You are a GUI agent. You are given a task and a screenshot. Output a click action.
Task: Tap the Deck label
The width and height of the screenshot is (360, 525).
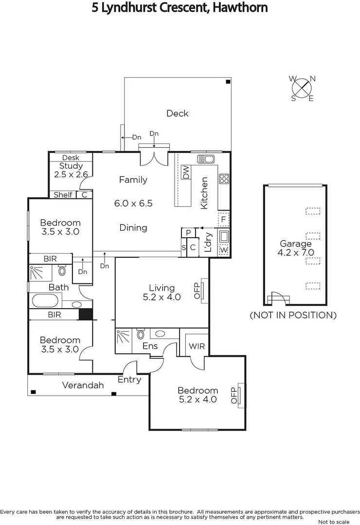tap(177, 113)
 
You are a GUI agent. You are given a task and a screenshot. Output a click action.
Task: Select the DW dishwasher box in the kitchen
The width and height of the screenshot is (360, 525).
tap(185, 172)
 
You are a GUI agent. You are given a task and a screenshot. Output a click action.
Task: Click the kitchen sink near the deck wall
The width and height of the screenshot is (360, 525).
tap(206, 159)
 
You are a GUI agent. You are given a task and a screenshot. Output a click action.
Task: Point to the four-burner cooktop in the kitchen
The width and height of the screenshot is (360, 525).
tap(224, 178)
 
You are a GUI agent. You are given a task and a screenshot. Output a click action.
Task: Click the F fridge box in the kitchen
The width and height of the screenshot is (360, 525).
tap(223, 219)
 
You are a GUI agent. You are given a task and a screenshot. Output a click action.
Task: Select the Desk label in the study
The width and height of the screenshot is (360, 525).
tap(71, 157)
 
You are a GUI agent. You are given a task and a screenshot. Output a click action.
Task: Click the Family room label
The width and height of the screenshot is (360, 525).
tap(133, 180)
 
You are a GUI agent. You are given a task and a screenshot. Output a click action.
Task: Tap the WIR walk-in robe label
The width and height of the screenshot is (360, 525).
tap(196, 346)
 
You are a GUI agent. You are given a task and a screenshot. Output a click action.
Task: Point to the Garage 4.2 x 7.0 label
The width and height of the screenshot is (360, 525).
tap(295, 247)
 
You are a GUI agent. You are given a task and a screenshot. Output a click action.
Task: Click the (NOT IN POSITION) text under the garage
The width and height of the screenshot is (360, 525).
tap(293, 315)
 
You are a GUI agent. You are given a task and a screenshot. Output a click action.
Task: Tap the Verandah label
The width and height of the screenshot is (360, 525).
tap(83, 385)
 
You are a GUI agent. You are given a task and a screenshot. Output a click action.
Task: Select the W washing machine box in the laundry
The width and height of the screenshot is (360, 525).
tap(224, 250)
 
